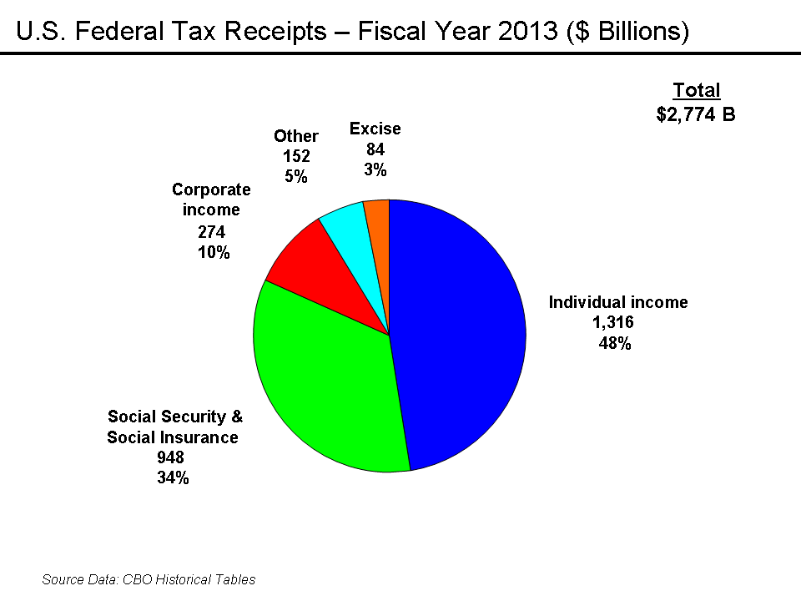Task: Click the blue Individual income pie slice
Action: (459, 334)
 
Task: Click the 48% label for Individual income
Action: (613, 343)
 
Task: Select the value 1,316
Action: (613, 322)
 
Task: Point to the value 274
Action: (211, 233)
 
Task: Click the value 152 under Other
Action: (295, 155)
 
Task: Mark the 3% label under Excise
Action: (375, 169)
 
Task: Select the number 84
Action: (375, 149)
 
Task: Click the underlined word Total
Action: (697, 91)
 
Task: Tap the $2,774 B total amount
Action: (696, 114)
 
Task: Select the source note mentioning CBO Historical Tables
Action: (149, 579)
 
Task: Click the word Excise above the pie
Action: (375, 129)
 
